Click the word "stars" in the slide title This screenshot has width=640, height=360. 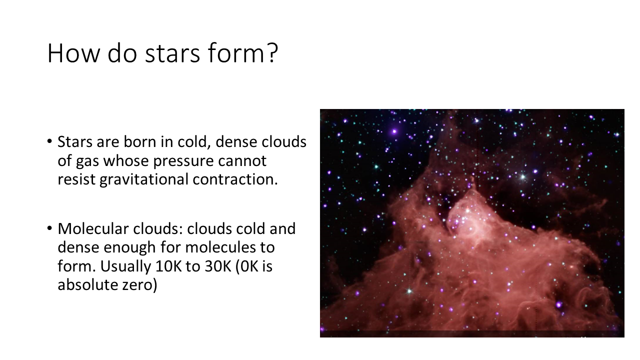pos(172,53)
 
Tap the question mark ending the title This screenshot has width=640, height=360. pos(273,52)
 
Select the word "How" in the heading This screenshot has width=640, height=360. pos(73,53)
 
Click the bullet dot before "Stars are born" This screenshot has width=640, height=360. pos(49,141)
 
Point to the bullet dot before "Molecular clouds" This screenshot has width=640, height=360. pos(49,228)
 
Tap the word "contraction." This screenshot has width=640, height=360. pos(235,179)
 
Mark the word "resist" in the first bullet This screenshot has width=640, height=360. pos(76,179)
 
